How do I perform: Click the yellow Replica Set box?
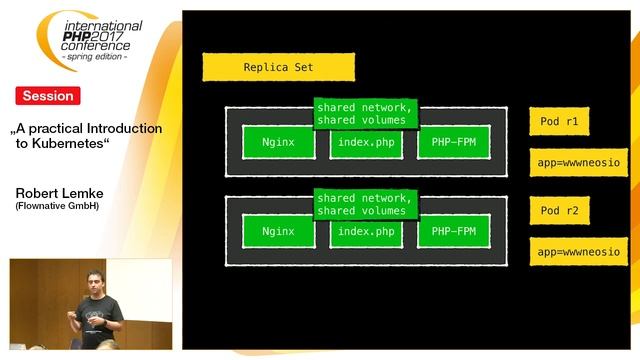(x=278, y=67)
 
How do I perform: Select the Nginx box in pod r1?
(x=278, y=142)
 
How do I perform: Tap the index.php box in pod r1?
(x=365, y=142)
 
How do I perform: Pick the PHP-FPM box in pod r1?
(x=452, y=142)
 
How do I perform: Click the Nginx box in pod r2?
(x=278, y=232)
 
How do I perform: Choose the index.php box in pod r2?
(x=365, y=232)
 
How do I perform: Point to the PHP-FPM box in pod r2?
(x=452, y=232)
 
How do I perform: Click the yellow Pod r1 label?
(x=560, y=122)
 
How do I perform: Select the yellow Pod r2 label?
(x=560, y=211)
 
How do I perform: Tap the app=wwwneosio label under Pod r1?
(x=578, y=162)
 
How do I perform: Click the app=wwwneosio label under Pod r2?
(x=578, y=252)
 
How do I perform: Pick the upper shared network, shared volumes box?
(x=365, y=113)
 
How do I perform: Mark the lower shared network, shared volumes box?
(x=365, y=204)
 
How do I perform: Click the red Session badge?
(x=47, y=96)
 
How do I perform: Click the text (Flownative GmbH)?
(x=57, y=207)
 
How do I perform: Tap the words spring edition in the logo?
(x=96, y=56)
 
